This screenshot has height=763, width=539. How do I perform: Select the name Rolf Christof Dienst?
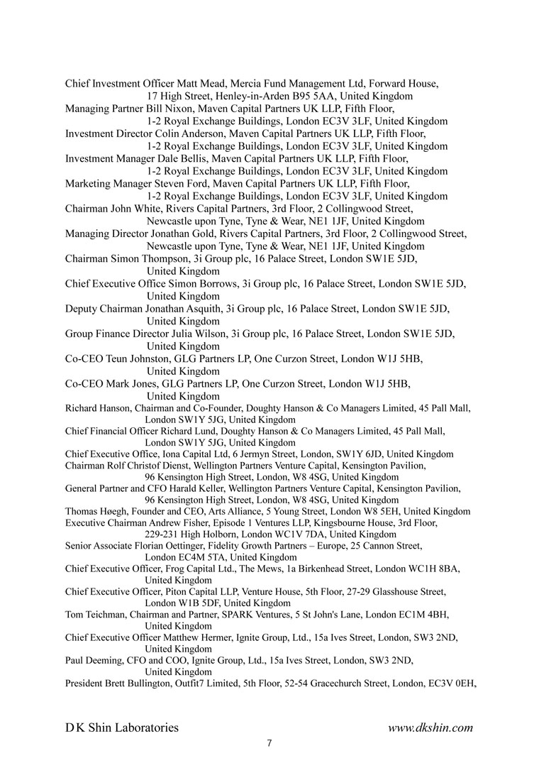coord(145,466)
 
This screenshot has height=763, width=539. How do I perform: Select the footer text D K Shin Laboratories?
coord(122,728)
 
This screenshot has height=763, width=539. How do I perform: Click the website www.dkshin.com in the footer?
coord(430,728)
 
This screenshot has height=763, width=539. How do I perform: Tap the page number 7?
coord(269,743)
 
